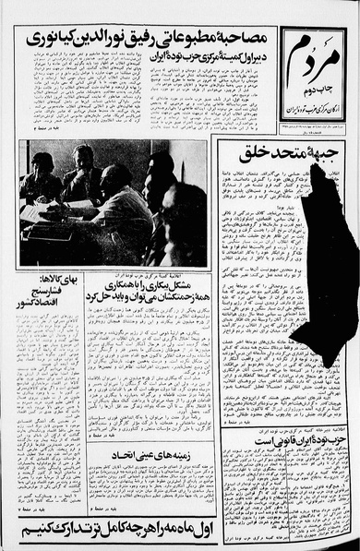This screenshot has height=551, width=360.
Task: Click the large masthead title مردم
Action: pos(316,60)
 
